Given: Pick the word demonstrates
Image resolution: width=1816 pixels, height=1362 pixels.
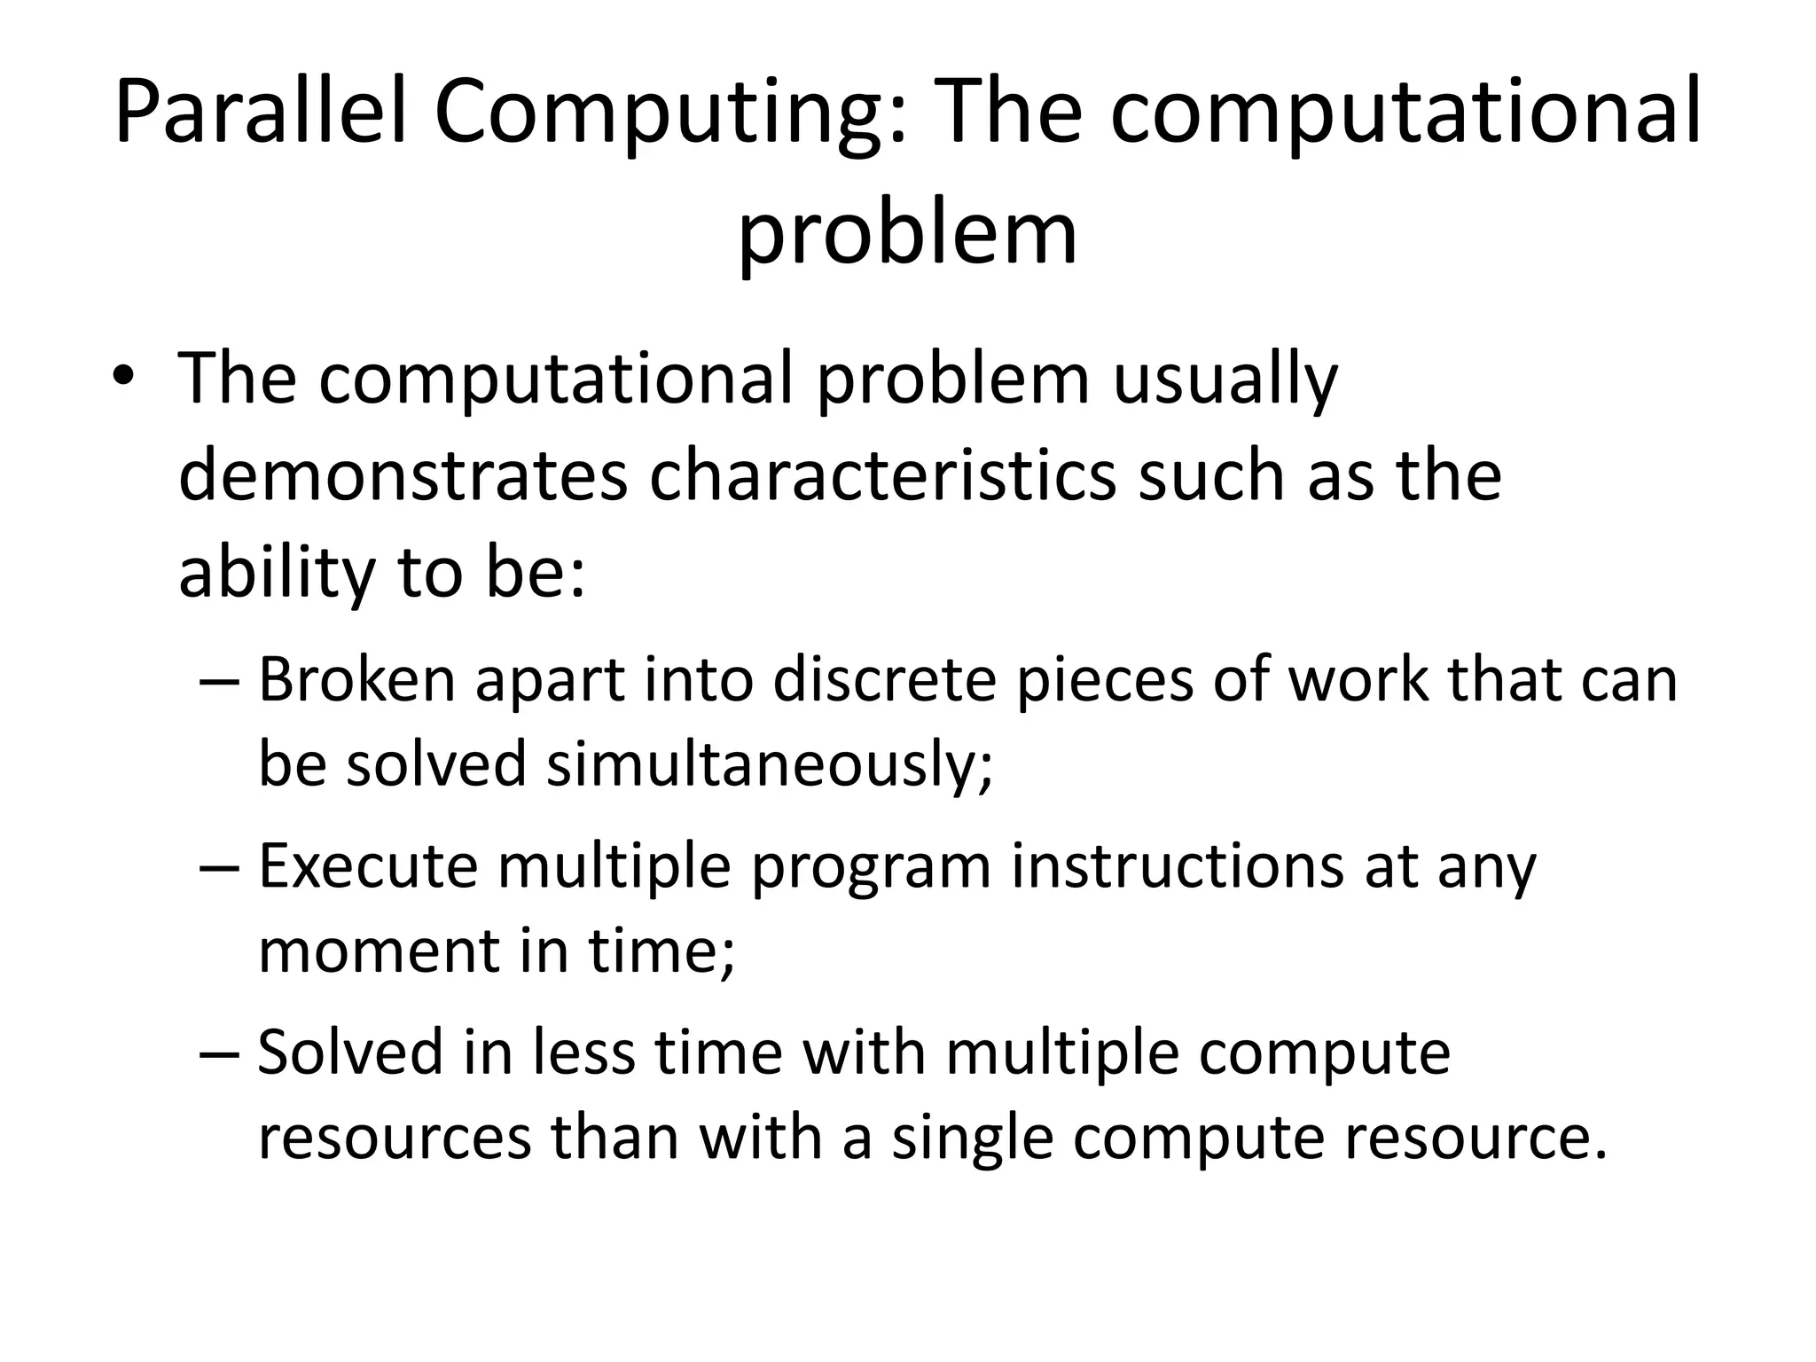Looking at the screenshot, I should (403, 476).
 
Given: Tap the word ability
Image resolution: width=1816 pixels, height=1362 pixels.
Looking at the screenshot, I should (277, 574).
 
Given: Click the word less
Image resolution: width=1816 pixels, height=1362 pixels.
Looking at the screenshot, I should (583, 1053).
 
